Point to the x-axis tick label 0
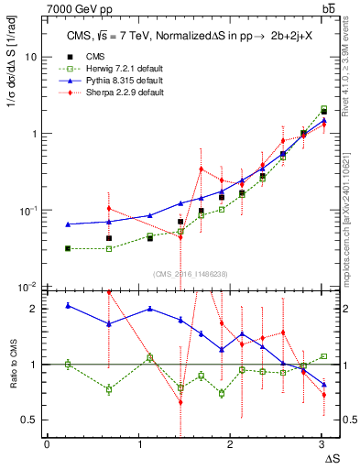tap(48, 444)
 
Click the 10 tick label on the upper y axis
tap(30, 57)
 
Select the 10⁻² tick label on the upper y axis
tap(28, 288)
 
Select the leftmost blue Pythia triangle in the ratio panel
tap(69, 305)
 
